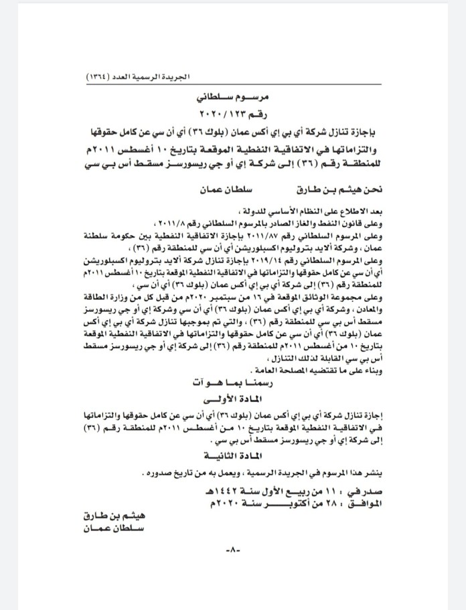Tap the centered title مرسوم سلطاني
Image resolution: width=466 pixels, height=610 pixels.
(x=232, y=97)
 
